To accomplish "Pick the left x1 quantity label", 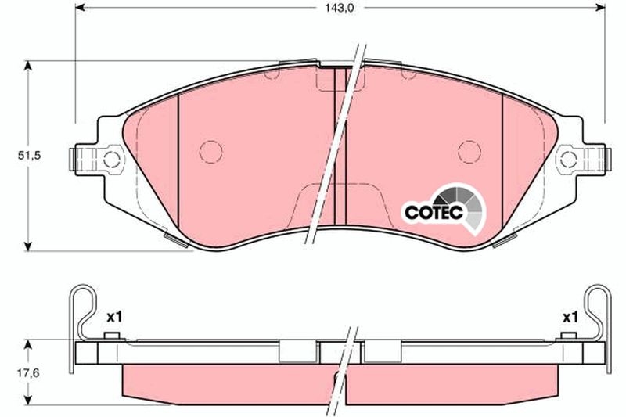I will pyautogui.click(x=115, y=317).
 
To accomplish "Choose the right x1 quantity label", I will pyautogui.click(x=569, y=317).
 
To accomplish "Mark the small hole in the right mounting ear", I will pyautogui.click(x=568, y=161).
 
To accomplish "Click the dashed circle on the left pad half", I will pyautogui.click(x=210, y=151).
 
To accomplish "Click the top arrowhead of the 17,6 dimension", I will pyautogui.click(x=29, y=344).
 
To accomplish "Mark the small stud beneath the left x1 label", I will pyautogui.click(x=112, y=336).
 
